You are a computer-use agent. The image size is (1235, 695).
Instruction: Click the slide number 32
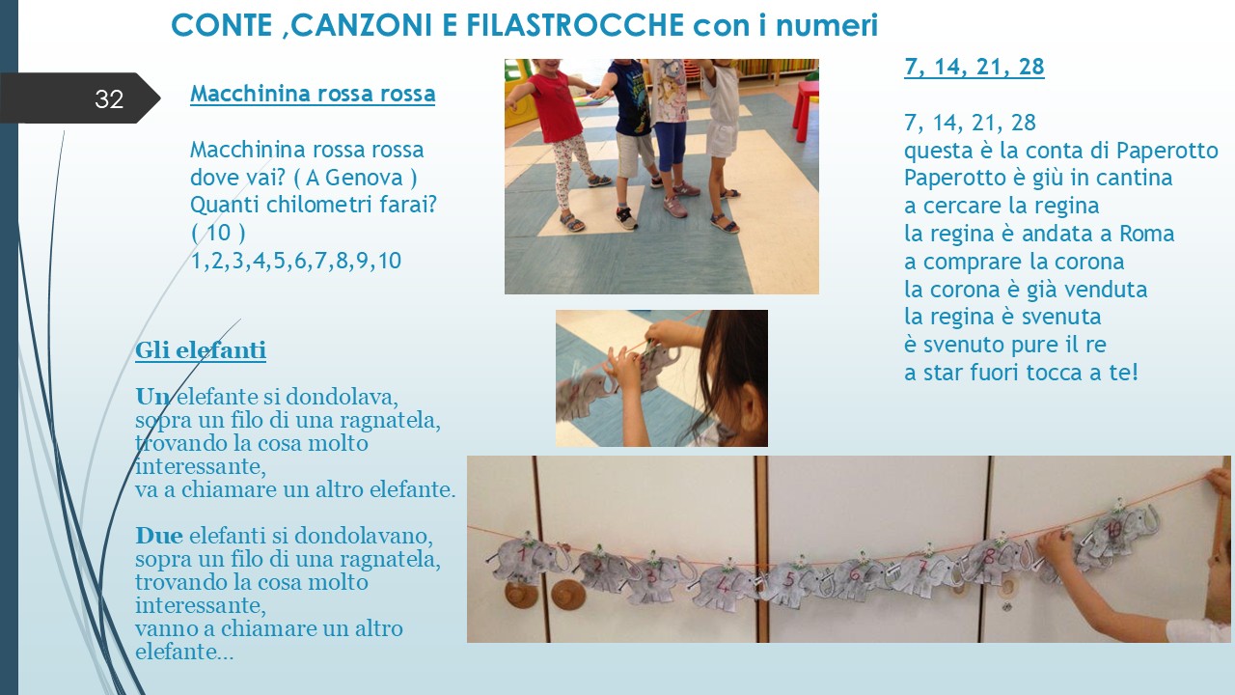(x=109, y=99)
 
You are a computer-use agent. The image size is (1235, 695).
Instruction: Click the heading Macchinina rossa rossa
(x=313, y=94)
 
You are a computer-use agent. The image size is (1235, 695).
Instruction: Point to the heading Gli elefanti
(x=201, y=350)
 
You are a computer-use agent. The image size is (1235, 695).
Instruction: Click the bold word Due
(x=159, y=536)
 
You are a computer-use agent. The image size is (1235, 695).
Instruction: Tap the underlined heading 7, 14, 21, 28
(x=974, y=67)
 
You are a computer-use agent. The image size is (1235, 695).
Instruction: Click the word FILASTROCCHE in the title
(x=575, y=25)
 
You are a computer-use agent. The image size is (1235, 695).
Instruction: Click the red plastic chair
(x=806, y=111)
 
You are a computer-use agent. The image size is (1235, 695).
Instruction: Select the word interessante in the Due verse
(x=201, y=605)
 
